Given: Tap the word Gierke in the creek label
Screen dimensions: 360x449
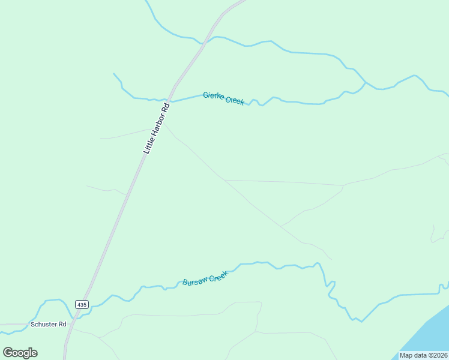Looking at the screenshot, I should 213,96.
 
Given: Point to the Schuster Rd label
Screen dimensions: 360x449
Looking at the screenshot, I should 48,324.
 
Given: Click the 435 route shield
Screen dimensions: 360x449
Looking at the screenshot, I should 82,305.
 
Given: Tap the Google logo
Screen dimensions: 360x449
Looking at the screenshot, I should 20,353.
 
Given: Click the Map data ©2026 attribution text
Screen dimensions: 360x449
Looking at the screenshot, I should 424,355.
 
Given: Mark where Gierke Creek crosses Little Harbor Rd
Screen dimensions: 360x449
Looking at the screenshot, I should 171,100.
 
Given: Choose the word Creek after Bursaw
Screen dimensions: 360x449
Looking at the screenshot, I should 218,274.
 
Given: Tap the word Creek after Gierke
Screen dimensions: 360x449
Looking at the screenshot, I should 235,100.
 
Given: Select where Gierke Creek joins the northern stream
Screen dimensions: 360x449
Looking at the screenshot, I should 365,82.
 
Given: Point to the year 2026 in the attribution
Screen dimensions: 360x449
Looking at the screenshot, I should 439,355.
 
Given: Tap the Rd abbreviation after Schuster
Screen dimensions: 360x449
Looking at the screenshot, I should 61,324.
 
